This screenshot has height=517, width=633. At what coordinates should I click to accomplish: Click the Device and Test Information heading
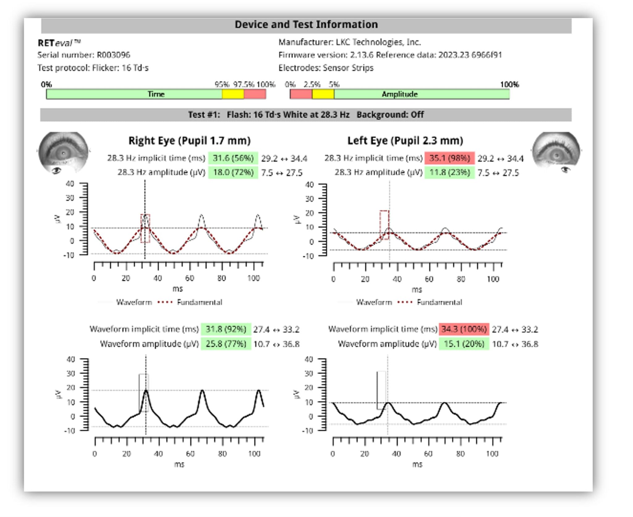pos(306,24)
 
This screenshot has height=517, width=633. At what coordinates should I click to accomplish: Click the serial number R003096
pos(113,55)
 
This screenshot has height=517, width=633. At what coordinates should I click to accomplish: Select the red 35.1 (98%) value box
pos(449,158)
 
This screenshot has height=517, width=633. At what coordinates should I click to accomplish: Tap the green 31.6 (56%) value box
pos(233,158)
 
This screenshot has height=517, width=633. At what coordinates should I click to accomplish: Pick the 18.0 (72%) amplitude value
pos(233,172)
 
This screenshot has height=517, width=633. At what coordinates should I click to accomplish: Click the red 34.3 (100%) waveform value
pos(464,329)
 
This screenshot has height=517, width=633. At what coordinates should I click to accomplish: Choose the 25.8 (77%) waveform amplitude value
pos(226,344)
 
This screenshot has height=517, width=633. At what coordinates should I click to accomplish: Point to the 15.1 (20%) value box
pos(464,344)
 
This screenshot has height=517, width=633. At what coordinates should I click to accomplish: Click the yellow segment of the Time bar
pos(233,94)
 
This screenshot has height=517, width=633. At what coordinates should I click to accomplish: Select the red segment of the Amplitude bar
pos(301,94)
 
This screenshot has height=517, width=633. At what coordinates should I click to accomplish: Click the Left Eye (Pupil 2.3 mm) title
pos(405,141)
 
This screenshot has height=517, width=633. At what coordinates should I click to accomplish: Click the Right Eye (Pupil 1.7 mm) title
pos(189,141)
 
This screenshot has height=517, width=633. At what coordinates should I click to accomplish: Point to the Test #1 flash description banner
pos(306,115)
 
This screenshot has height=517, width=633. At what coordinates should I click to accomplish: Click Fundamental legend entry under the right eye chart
pos(199,302)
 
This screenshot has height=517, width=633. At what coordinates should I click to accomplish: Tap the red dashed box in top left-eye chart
pos(384,225)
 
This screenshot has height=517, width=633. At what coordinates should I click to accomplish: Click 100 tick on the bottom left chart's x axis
pos(254,454)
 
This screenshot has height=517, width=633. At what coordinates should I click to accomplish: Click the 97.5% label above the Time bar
pos(243,84)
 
